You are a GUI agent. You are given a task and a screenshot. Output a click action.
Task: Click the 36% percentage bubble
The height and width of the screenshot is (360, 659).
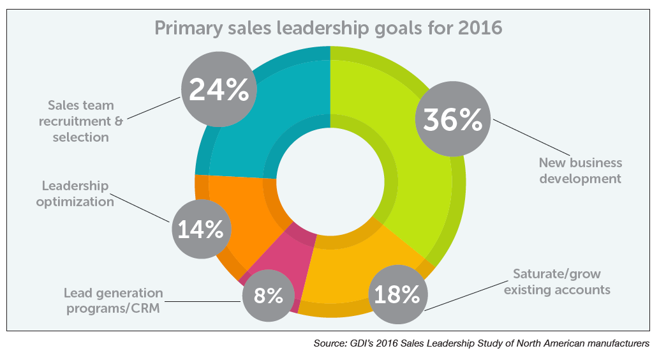(x=453, y=119)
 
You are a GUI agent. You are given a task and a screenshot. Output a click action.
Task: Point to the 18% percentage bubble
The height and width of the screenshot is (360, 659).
(x=397, y=294)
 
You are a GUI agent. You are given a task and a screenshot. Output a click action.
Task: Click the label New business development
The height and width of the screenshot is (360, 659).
(x=580, y=170)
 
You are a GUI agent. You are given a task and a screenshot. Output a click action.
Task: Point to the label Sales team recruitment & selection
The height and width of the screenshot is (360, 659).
(x=80, y=119)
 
